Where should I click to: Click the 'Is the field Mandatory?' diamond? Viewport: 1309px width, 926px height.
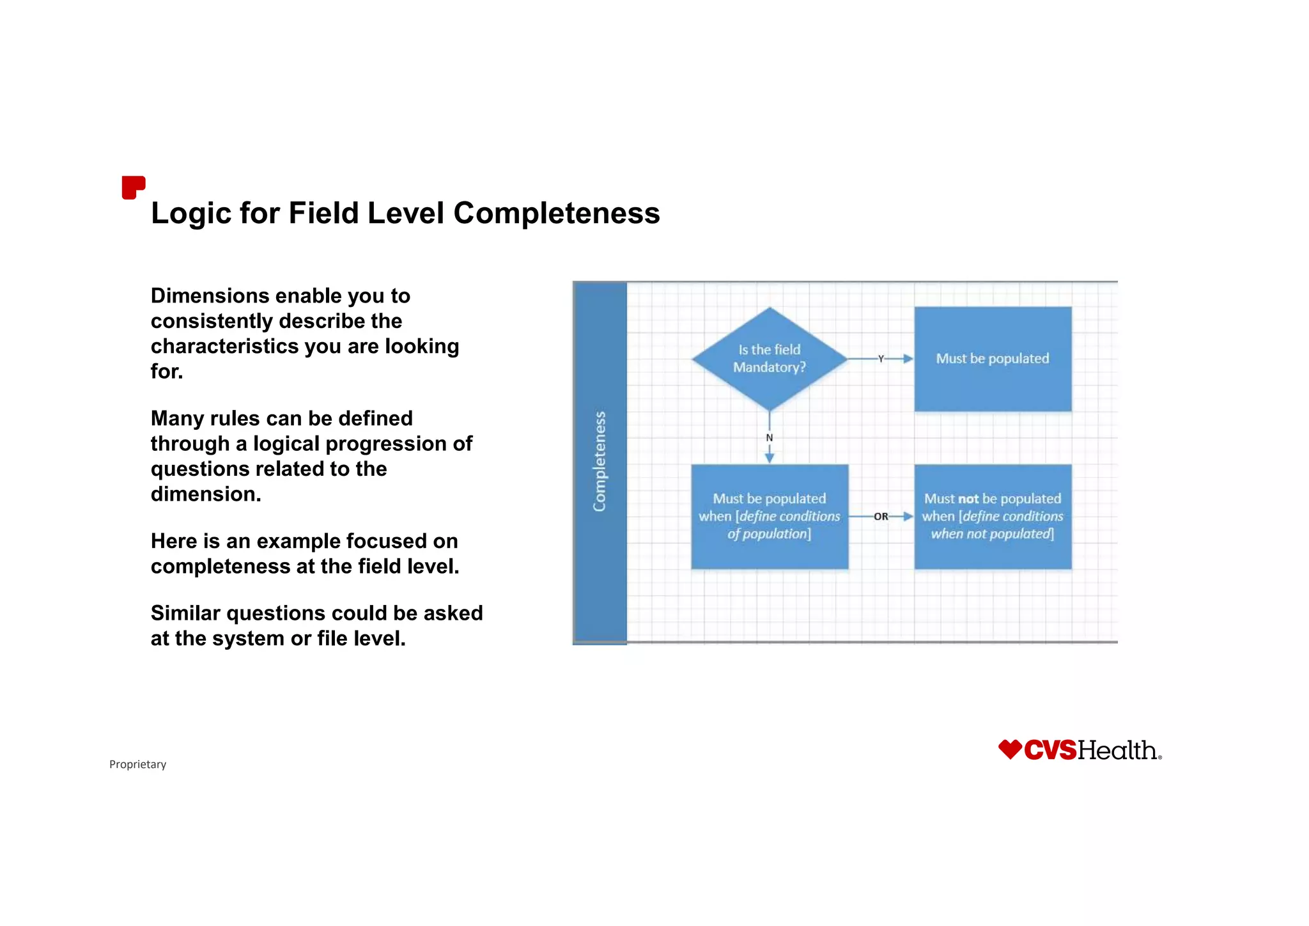coord(770,359)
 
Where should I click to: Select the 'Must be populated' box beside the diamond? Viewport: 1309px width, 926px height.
coord(993,359)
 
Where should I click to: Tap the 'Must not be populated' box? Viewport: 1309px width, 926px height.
coord(993,516)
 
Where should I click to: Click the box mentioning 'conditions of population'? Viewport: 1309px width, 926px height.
coord(770,516)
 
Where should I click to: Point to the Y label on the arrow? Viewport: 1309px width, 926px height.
coord(881,359)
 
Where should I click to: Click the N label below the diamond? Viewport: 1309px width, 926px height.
coord(770,438)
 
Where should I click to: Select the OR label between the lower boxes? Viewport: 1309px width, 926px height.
coord(881,517)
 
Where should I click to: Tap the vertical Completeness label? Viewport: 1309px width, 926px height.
coord(600,461)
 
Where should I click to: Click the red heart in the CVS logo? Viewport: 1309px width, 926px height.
coord(1010,749)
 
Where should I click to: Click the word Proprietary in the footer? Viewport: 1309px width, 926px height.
coord(137,764)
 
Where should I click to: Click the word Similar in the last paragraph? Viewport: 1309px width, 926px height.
coord(185,613)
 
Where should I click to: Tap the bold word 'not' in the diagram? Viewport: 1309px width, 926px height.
coord(968,499)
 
